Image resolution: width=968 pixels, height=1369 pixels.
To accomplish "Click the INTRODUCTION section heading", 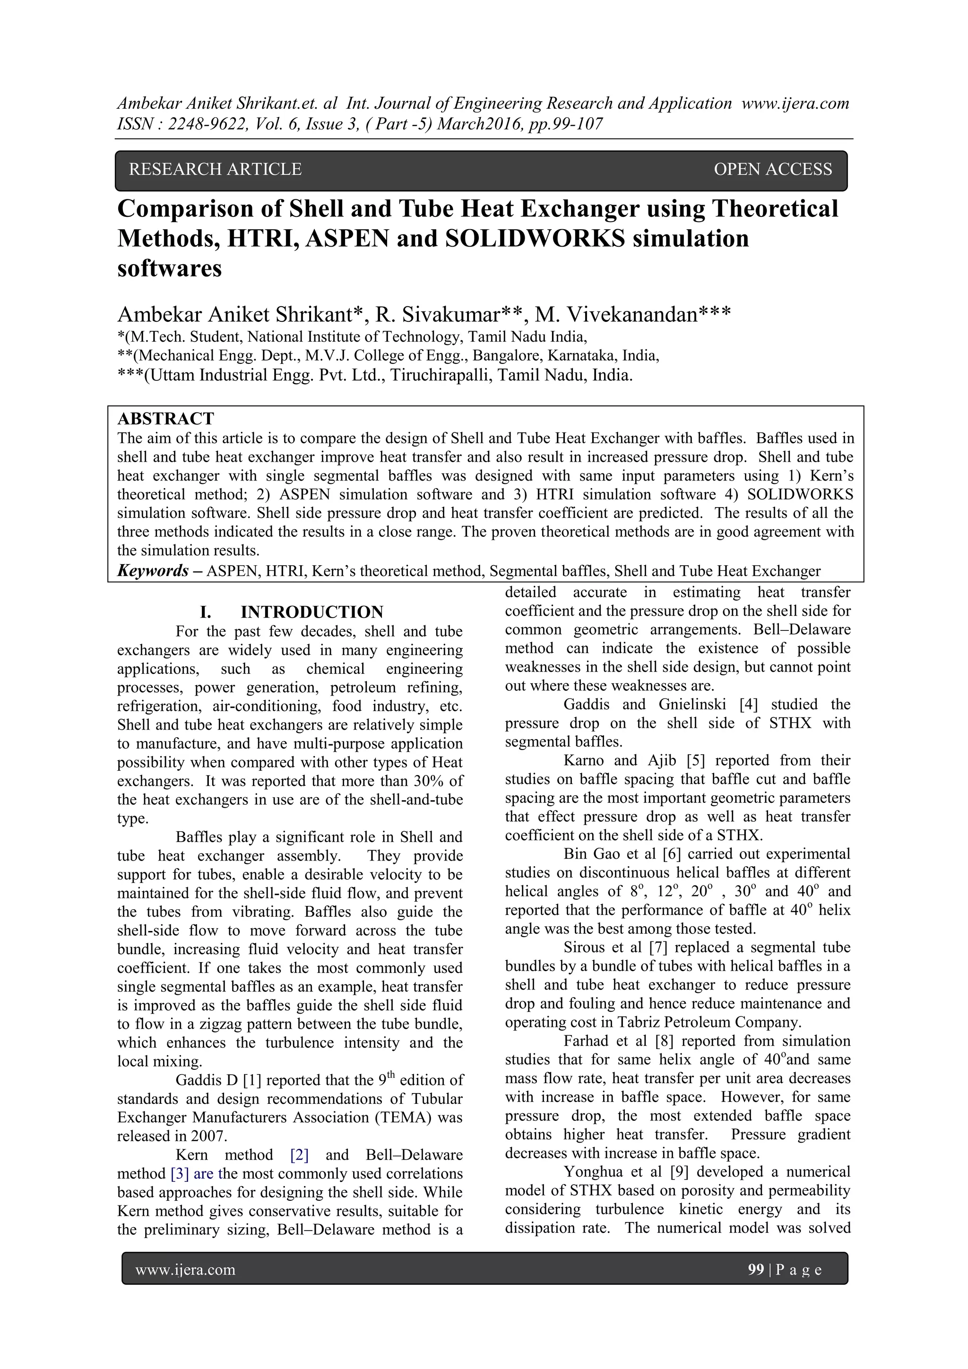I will tap(311, 612).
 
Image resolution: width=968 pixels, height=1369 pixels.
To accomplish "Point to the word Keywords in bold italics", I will tap(153, 571).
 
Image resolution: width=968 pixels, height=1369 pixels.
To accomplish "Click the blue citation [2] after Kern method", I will tap(299, 1154).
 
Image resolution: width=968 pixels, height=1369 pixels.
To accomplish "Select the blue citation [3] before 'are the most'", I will tap(180, 1173).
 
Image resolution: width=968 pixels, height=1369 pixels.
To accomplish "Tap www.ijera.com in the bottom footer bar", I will tap(185, 1270).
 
